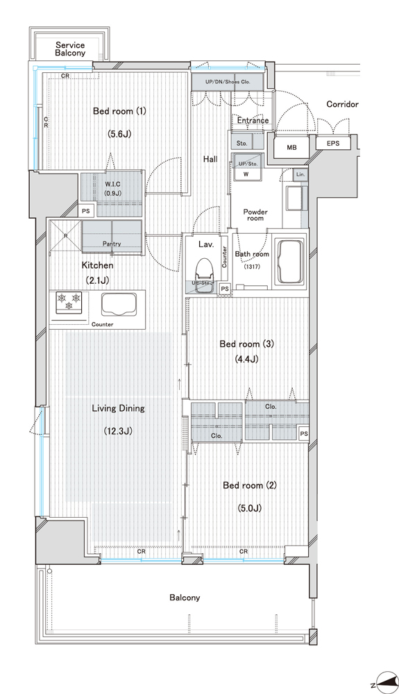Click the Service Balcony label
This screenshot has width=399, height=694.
70,49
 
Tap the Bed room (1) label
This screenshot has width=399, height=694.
119,111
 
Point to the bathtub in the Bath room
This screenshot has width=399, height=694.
290,262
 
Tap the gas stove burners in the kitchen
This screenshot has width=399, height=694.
69,301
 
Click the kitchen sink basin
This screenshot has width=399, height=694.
119,305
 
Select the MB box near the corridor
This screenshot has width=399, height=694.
291,147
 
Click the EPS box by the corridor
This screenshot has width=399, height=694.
333,143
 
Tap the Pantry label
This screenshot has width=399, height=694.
112,244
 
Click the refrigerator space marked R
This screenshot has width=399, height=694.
65,236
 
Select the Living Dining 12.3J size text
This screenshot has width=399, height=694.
118,431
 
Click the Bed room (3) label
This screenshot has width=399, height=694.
247,344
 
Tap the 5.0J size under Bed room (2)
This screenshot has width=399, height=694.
248,508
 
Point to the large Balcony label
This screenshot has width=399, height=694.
185,598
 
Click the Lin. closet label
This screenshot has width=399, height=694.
300,174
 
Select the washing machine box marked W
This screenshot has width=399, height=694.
246,174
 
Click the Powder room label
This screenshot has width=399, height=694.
255,215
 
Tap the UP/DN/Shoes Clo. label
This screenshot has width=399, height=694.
228,82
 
